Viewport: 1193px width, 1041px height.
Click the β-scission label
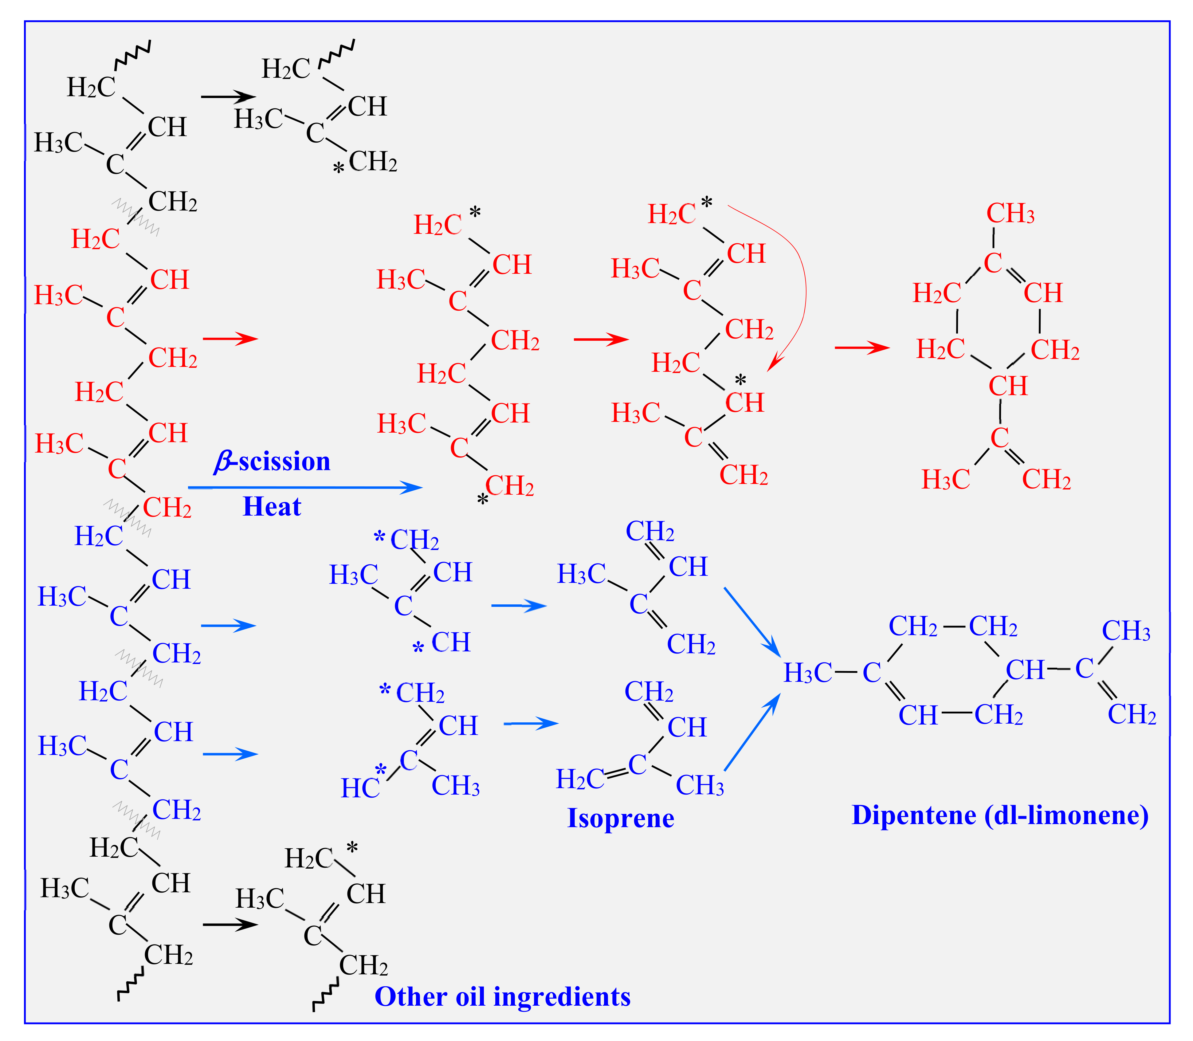point(272,461)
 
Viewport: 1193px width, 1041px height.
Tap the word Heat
point(272,507)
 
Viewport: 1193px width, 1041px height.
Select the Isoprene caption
point(620,818)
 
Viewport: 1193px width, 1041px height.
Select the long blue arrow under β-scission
point(305,488)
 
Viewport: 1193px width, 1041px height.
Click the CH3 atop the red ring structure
point(1010,214)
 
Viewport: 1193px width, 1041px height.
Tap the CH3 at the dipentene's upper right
point(1126,631)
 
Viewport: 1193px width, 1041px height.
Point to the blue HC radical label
point(360,788)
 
